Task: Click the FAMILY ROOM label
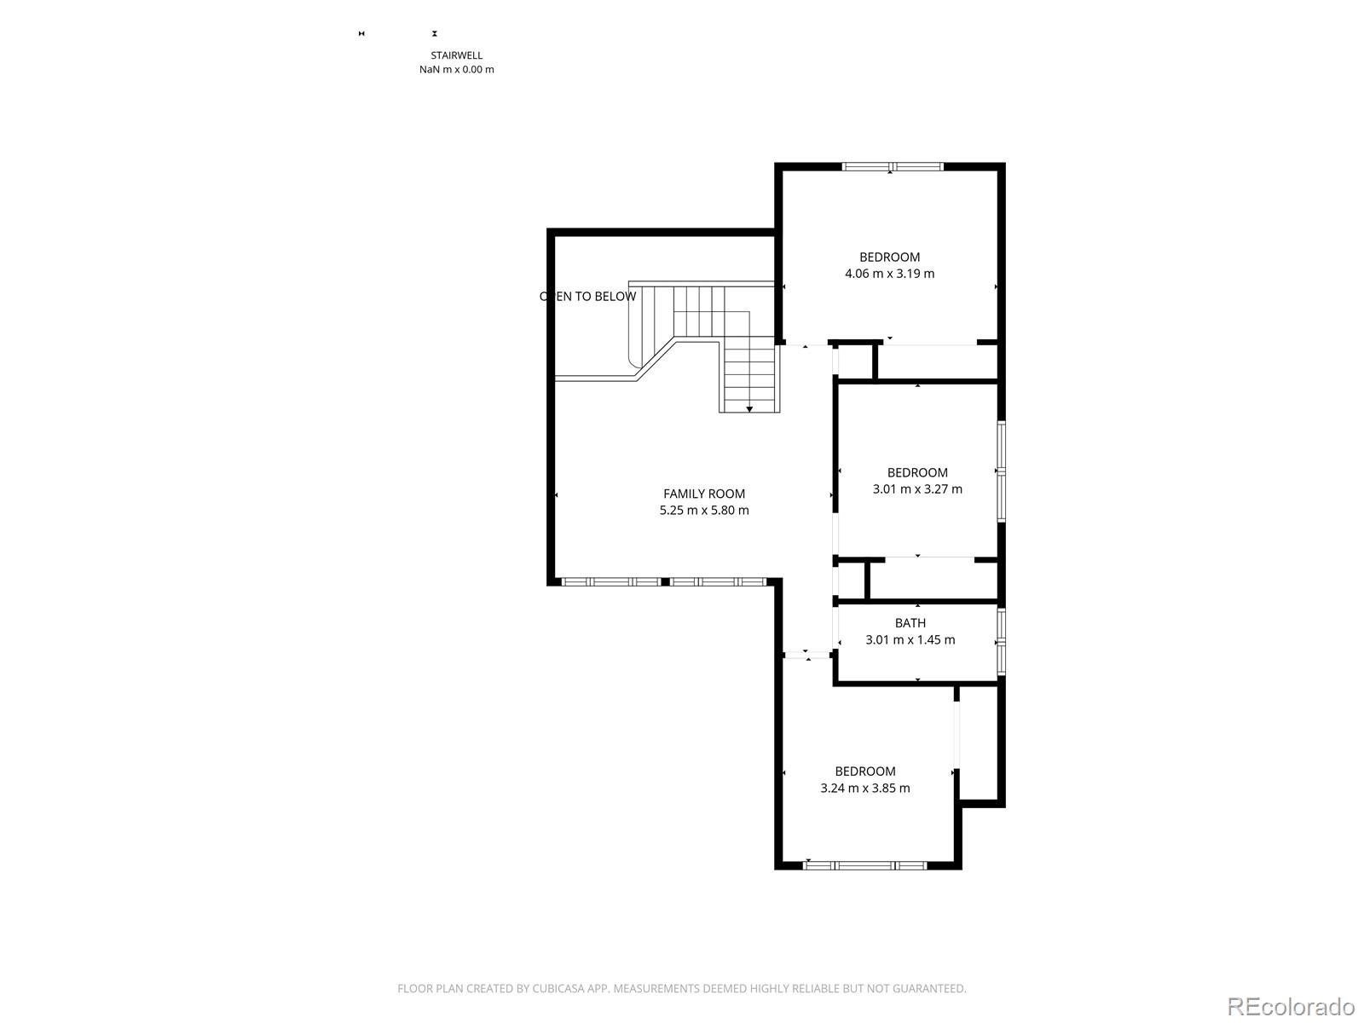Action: pyautogui.click(x=703, y=494)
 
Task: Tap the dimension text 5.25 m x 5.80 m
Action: pyautogui.click(x=704, y=511)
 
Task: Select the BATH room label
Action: pyautogui.click(x=910, y=623)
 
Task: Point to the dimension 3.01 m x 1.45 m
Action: pyautogui.click(x=910, y=639)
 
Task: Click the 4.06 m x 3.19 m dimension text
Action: pyautogui.click(x=889, y=274)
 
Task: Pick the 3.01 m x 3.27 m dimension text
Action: pyautogui.click(x=917, y=488)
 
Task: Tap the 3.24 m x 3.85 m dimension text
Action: pyautogui.click(x=865, y=789)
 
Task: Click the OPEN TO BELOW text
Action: pyautogui.click(x=588, y=297)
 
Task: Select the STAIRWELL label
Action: pyautogui.click(x=457, y=55)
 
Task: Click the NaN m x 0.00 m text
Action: pyautogui.click(x=457, y=70)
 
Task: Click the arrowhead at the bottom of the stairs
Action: pyautogui.click(x=749, y=409)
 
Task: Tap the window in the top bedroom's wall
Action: pyautogui.click(x=893, y=166)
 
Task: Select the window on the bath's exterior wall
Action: pyautogui.click(x=1001, y=642)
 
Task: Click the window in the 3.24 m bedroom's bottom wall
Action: pyautogui.click(x=865, y=865)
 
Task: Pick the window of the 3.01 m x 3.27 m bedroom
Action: pyautogui.click(x=1001, y=471)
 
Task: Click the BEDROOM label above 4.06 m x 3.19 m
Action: pyautogui.click(x=889, y=257)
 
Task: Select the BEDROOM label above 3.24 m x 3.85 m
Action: pyautogui.click(x=865, y=772)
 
